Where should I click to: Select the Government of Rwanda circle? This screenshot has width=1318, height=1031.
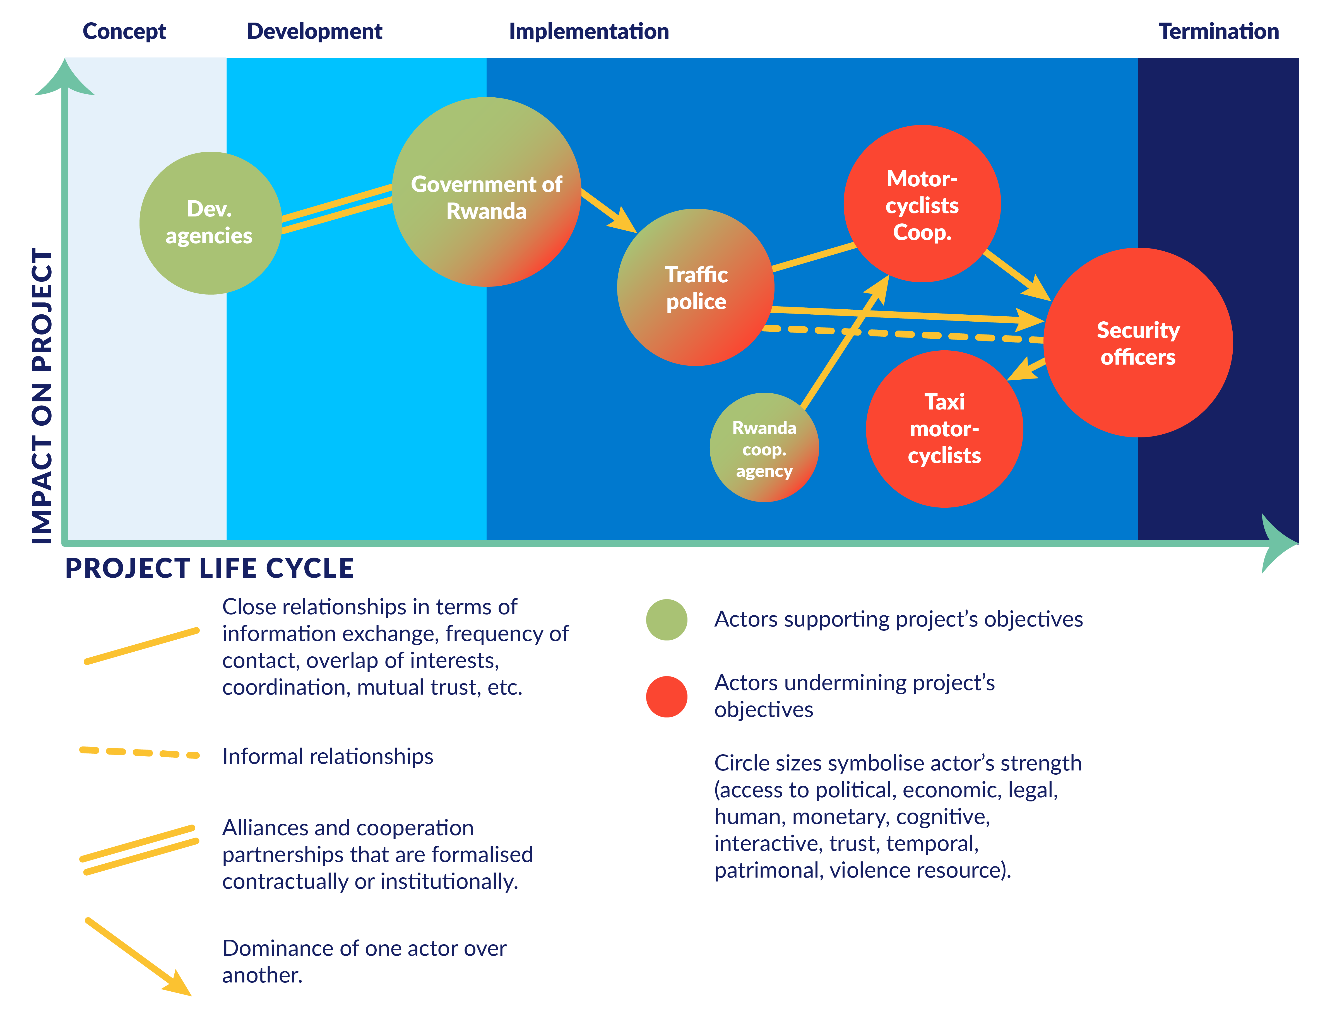coord(487,192)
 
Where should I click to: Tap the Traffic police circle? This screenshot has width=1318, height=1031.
coord(696,287)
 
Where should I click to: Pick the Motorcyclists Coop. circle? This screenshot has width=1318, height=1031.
coord(922,203)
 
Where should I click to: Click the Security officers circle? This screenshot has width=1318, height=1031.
coord(1138,342)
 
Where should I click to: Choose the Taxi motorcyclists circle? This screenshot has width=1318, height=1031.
coord(944,429)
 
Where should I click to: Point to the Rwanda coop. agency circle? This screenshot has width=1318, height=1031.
coord(764,447)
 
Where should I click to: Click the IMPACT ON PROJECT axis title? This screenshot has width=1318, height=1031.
coord(42,395)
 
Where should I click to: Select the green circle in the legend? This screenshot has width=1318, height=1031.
coord(667,619)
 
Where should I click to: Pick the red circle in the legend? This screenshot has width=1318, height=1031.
coord(667,697)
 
